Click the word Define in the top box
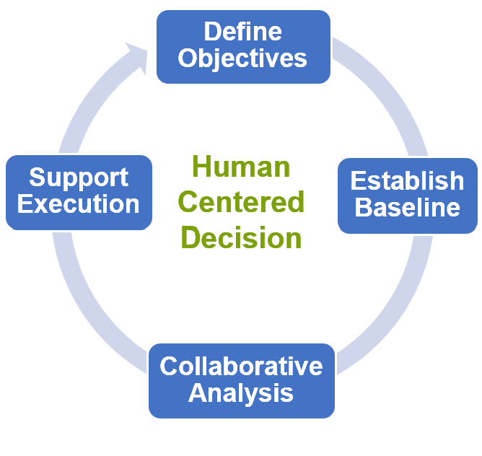[243, 31]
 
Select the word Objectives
[242, 58]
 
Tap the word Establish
[407, 180]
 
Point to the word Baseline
[407, 207]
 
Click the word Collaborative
[241, 366]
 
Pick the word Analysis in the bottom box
[241, 393]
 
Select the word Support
[79, 177]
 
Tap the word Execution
[79, 204]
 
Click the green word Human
[241, 167]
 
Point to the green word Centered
[241, 202]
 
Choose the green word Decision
[241, 237]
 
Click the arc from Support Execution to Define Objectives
[92, 102]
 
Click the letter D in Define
[211, 31]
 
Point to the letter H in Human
[201, 167]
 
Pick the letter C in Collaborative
[168, 366]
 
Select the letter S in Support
[37, 177]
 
